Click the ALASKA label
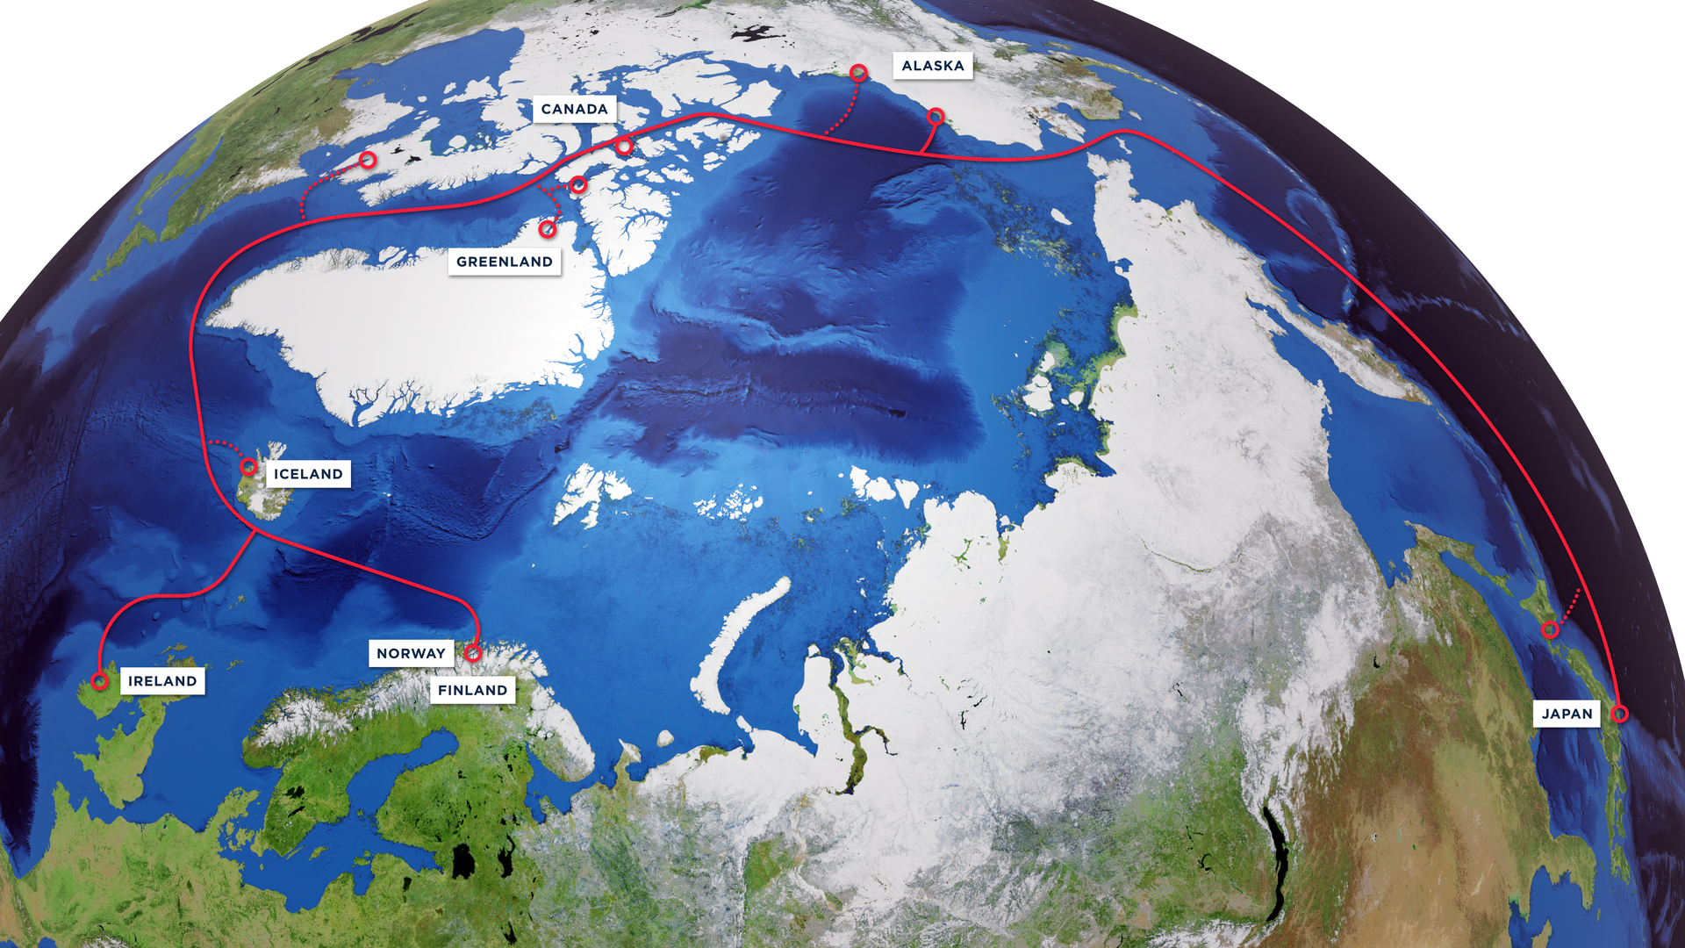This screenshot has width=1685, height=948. point(932,66)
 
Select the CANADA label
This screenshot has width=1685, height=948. point(574,110)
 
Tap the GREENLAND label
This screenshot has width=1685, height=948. point(504,262)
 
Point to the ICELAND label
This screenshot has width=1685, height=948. point(308,474)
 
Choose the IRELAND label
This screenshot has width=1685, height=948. point(162,681)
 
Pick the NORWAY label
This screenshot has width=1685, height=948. point(411,653)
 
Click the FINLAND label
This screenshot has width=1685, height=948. point(472,691)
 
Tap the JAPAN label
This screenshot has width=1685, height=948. point(1567,714)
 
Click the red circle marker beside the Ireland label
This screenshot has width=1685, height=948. point(100,681)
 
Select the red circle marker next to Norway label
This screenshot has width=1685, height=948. point(473,652)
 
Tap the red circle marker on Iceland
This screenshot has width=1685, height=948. point(249,466)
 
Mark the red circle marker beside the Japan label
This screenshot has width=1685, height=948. point(1620,714)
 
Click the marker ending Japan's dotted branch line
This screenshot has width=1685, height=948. point(1551,629)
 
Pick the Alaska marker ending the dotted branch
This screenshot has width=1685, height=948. point(858,72)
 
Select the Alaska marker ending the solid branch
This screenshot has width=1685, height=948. point(936,116)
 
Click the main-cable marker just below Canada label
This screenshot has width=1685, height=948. point(624,146)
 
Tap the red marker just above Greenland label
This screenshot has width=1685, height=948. point(548,229)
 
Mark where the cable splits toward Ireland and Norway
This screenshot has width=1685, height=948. point(255,531)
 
